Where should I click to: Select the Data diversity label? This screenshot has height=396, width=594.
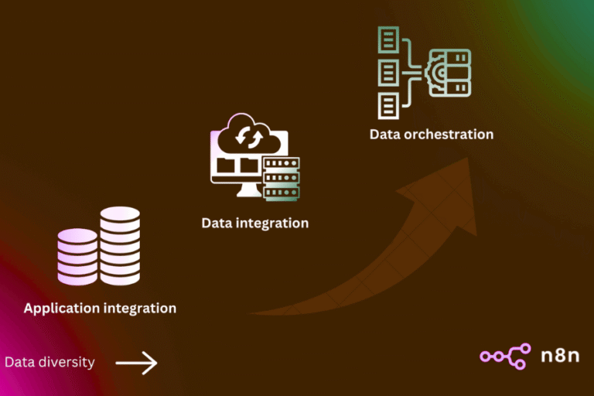(49, 362)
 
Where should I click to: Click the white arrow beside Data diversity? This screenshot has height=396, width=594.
(136, 363)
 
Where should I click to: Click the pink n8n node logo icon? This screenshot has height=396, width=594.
(504, 356)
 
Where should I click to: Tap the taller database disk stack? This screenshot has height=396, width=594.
(120, 245)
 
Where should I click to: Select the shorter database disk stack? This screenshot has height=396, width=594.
(77, 256)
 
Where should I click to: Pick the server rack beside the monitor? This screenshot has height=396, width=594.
(281, 178)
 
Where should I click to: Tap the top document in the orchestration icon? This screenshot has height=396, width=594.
(388, 38)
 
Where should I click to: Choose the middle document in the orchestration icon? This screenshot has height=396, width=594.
(388, 72)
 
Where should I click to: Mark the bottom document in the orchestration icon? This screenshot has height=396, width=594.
(388, 105)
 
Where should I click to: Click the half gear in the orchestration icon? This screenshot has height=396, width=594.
(434, 72)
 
